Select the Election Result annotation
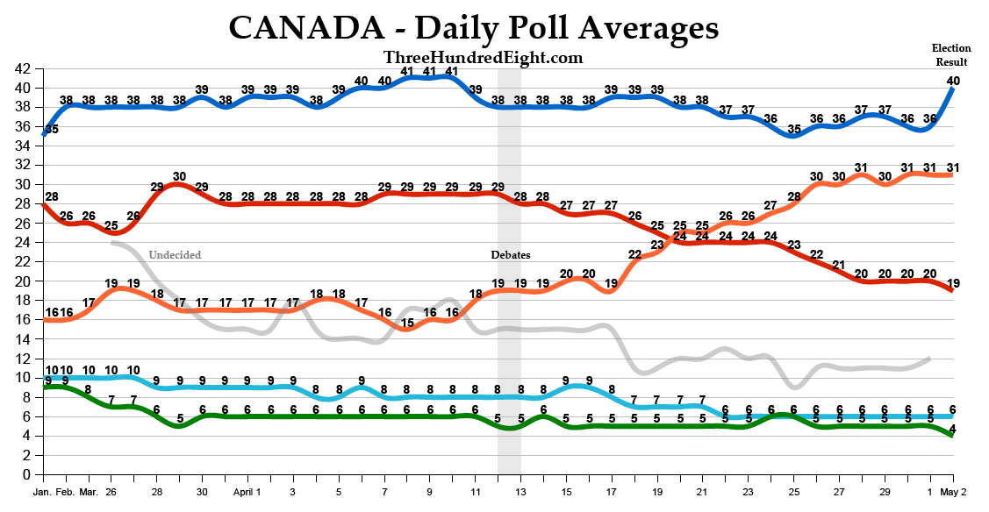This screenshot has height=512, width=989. pos(950,55)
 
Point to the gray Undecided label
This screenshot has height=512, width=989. pos(175,255)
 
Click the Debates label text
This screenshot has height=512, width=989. pos(510,255)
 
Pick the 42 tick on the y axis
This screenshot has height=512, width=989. pos(24,68)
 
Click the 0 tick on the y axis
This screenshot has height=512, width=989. pos(27,474)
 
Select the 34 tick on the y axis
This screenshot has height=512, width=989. pos(24,146)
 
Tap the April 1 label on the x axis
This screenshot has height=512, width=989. pos(247,493)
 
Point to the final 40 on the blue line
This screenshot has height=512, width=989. pos(953,81)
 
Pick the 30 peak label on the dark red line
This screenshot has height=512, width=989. pos(179,176)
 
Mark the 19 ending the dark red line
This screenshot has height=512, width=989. pos(953,283)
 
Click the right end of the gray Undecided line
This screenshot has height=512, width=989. pos(928,358)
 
